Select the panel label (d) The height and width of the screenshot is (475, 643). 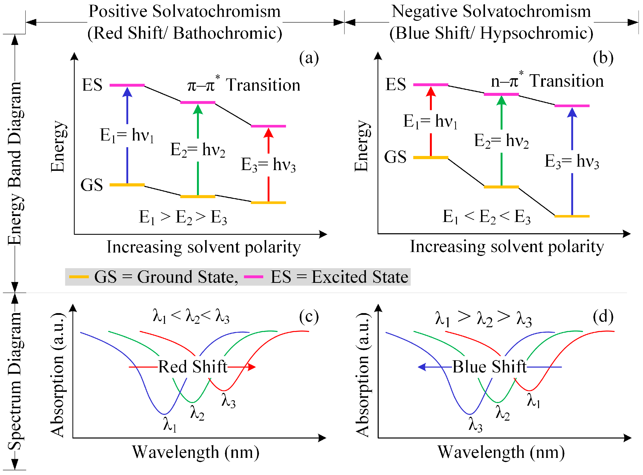point(603,317)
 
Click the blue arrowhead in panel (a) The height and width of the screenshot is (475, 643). point(127,92)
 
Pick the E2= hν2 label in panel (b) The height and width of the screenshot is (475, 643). point(501,141)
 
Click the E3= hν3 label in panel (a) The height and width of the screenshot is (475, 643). point(268,165)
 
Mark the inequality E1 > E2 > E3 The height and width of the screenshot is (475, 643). point(183,217)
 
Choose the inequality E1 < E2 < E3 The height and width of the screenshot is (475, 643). point(486,217)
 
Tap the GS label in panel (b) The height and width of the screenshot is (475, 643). point(395,157)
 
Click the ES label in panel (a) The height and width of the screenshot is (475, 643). point(92,85)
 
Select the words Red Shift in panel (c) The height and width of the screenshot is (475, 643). point(193,367)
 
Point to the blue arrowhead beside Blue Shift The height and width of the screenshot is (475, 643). point(421,367)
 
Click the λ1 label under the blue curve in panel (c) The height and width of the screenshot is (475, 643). point(170,425)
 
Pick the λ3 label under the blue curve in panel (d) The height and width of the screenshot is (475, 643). point(475,425)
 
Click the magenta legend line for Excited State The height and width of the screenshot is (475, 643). point(253,277)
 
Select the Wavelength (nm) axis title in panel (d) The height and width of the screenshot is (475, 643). point(501,452)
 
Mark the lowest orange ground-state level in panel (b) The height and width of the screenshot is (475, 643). point(572,216)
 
